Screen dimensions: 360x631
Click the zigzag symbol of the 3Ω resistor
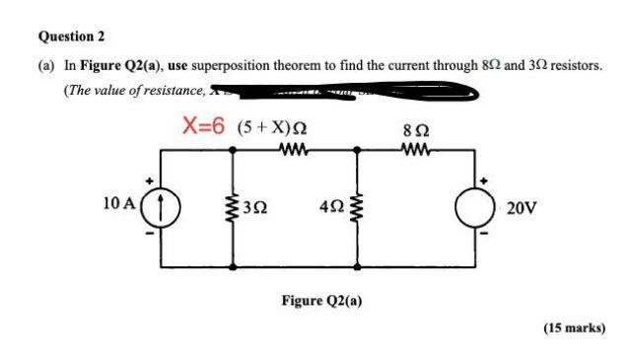click(234, 207)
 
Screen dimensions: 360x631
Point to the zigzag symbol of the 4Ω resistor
click(356, 207)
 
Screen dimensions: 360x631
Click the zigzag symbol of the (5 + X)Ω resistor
click(294, 151)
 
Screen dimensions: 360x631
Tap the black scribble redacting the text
click(345, 94)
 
